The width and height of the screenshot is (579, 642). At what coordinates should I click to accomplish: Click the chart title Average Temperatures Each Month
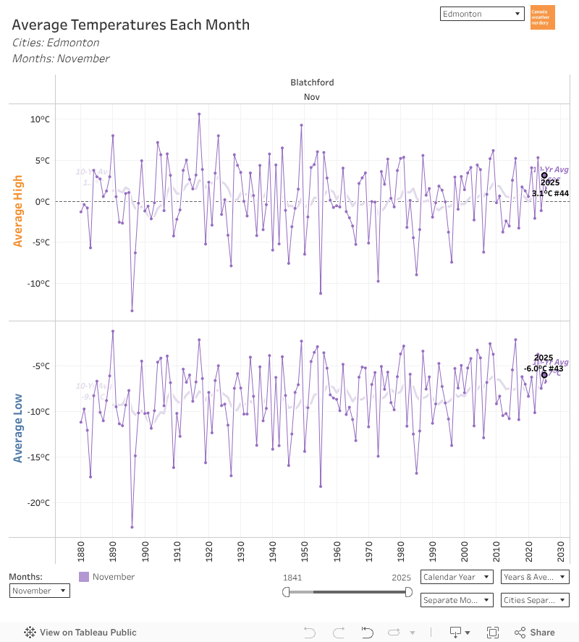[131, 25]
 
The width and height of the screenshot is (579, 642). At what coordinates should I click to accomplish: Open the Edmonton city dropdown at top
[481, 14]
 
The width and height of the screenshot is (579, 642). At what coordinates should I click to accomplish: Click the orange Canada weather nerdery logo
[542, 17]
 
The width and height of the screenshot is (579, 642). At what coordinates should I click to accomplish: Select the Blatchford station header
[312, 83]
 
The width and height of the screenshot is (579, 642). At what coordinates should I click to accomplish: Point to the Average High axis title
[18, 211]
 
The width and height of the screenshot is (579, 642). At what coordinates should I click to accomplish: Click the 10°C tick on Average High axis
[37, 119]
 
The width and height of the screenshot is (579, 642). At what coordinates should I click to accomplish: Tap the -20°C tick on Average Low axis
[35, 503]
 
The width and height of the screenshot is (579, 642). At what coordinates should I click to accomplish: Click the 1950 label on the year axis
[304, 552]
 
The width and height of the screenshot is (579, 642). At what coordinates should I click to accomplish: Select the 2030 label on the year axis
[560, 552]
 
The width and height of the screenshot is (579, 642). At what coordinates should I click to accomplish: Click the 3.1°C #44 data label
[550, 193]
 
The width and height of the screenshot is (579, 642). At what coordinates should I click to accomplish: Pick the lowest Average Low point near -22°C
[132, 527]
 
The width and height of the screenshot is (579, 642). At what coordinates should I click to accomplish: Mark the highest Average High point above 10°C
[199, 114]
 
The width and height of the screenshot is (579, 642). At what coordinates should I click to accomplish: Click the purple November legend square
[84, 577]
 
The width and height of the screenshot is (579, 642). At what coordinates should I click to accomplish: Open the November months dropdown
[40, 591]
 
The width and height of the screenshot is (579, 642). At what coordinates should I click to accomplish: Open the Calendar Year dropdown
[457, 577]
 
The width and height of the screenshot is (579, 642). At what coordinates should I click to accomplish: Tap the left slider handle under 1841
[286, 592]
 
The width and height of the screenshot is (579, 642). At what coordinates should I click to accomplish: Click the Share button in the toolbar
[535, 632]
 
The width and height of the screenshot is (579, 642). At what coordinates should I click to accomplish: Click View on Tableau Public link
[80, 632]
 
